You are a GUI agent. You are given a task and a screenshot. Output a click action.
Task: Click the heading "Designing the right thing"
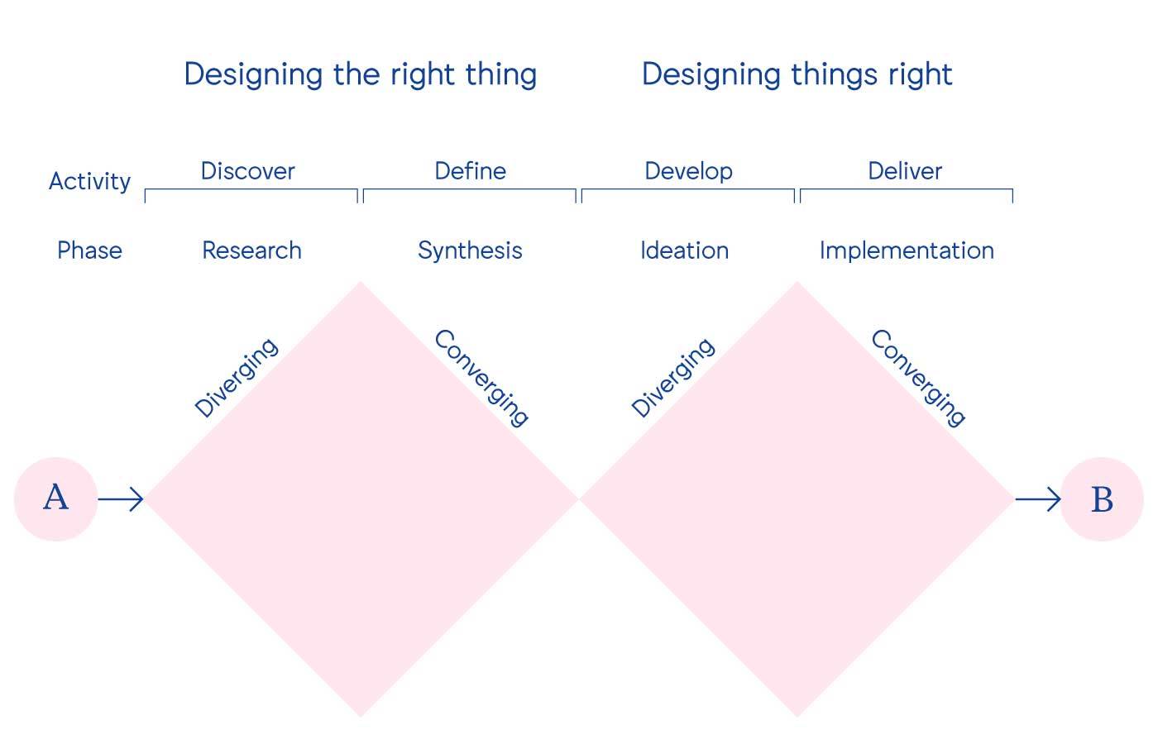pos(360,74)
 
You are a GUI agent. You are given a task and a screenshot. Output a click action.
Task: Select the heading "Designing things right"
pos(797,74)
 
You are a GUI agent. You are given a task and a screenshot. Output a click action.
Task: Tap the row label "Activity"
pos(89,181)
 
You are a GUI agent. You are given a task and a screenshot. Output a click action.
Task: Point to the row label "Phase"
pos(89,250)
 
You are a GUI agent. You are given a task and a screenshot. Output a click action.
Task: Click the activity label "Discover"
pos(247,171)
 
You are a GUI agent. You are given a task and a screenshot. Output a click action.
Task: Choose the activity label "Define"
pos(470,171)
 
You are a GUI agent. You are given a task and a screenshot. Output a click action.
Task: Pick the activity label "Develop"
pos(688,171)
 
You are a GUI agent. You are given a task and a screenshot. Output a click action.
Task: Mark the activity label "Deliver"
pos(905,171)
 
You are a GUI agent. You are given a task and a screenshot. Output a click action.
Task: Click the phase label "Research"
pos(251,250)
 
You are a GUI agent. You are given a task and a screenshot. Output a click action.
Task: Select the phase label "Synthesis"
pos(470,250)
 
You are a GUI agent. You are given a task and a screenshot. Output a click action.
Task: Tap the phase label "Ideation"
pos(684,250)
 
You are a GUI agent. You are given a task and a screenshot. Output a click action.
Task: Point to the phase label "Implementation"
pos(907,250)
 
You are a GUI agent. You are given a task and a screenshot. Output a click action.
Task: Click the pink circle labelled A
pos(56,499)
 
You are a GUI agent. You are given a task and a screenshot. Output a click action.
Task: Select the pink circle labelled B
pos(1102,499)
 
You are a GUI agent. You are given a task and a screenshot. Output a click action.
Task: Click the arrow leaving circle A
pos(121,499)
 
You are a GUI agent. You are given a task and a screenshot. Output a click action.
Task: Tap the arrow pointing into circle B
pos(1038,499)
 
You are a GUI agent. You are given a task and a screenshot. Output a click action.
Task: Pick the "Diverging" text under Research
pos(237,378)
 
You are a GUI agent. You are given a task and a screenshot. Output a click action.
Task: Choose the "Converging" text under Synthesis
pos(481,378)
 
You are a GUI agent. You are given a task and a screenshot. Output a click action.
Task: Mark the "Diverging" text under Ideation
pos(672,378)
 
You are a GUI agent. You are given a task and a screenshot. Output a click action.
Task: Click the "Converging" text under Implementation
pos(918,378)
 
